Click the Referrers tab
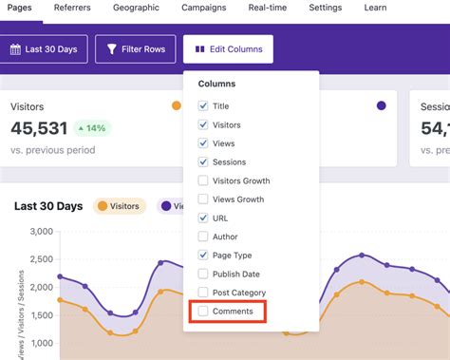tap(73, 8)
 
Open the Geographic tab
tap(137, 8)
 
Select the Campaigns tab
tap(204, 8)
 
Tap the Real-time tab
tap(268, 8)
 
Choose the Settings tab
tap(325, 8)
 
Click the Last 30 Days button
tap(46, 48)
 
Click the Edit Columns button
tap(228, 48)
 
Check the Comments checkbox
tap(203, 311)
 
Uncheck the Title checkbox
tap(203, 106)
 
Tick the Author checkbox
tap(203, 237)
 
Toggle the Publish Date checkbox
tap(203, 274)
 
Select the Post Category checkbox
tap(203, 293)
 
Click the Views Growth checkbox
tap(203, 199)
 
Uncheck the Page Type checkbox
tap(203, 256)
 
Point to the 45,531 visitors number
tap(38, 128)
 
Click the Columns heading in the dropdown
tap(216, 84)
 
